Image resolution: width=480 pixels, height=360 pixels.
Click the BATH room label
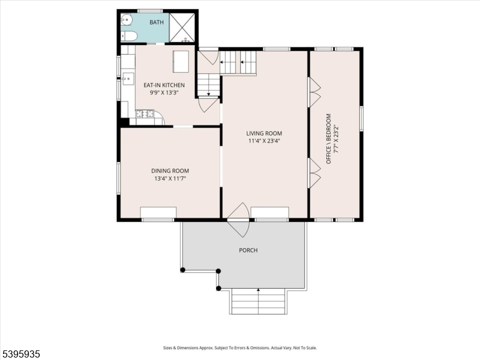coord(157,22)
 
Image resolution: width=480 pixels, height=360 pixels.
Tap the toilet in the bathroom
coord(129,37)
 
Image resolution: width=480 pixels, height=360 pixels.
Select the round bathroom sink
coord(126,21)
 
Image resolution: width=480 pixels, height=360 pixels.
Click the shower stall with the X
coord(182,27)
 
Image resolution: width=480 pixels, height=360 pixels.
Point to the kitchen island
coord(181,61)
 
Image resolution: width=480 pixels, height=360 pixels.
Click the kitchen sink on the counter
coord(127,79)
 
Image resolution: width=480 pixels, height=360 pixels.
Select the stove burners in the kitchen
coord(145,113)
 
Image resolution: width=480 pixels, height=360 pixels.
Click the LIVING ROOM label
coord(264,133)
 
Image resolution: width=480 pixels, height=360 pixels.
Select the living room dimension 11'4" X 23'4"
coord(264,141)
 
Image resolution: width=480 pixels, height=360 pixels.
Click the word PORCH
coord(248,250)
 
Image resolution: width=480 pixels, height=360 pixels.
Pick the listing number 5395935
coord(21,355)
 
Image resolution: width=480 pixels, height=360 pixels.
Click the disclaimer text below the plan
coord(240,347)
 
